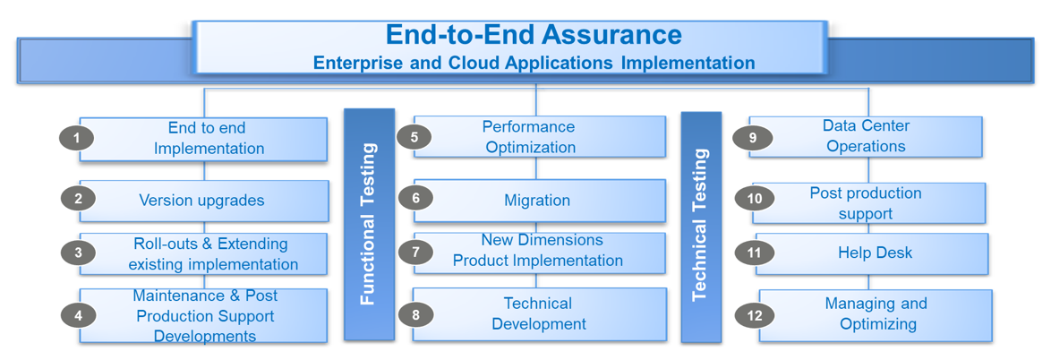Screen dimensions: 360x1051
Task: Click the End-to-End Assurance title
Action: [x=534, y=35]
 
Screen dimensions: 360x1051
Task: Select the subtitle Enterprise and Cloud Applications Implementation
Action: [x=534, y=64]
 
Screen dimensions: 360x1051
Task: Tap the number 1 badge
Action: [x=77, y=138]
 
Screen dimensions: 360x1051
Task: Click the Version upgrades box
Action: [x=202, y=201]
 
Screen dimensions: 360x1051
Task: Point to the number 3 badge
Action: [x=78, y=253]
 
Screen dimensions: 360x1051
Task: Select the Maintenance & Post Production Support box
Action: [x=204, y=316]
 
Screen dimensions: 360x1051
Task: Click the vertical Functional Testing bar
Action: [x=369, y=224]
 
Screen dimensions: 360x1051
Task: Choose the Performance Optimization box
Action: [x=539, y=137]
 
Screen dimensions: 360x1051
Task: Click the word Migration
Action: [x=537, y=201]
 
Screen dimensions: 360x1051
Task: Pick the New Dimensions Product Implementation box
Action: [x=539, y=251]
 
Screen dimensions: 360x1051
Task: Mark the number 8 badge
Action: [x=415, y=314]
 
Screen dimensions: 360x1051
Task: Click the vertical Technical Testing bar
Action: [x=701, y=226]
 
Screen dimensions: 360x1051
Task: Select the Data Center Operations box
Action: [x=866, y=136]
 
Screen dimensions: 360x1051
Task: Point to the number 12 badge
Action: [x=754, y=314]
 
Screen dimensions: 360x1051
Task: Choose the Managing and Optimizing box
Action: [x=876, y=314]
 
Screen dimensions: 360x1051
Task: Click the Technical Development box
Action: [x=539, y=314]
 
